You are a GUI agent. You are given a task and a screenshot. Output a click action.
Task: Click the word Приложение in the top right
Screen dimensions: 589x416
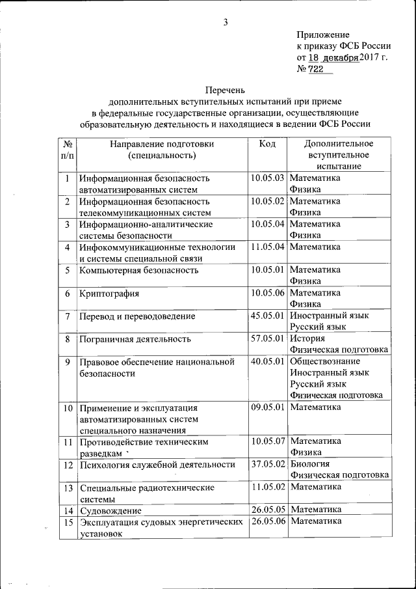[323, 34]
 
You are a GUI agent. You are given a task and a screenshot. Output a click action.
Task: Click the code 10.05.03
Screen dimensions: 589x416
[268, 178]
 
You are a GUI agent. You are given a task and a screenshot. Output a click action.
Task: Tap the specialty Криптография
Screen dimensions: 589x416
[109, 294]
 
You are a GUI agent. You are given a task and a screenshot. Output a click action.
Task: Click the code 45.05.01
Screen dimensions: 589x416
[268, 316]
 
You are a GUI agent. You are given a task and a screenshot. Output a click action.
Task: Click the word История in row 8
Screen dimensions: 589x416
[307, 338]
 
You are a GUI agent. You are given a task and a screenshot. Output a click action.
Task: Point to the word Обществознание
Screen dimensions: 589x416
[325, 361]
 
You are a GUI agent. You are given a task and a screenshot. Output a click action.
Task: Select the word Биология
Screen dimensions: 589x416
[309, 464]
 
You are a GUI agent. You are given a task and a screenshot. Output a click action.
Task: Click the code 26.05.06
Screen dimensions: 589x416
[268, 521]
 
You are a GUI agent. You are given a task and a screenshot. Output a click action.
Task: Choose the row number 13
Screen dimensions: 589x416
[67, 487]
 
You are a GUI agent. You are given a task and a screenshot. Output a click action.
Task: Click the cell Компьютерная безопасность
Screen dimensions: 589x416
[138, 270]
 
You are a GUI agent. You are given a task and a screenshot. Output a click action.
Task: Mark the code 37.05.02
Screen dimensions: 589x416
[268, 464]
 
